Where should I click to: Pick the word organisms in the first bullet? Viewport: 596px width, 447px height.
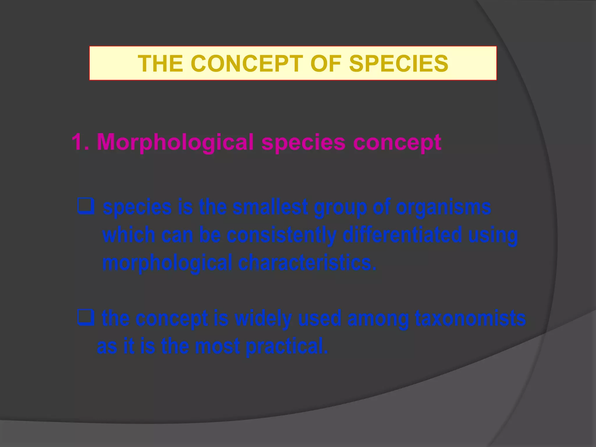pyautogui.click(x=444, y=208)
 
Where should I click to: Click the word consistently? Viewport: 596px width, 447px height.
pyautogui.click(x=281, y=235)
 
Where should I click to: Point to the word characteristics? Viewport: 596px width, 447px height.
pyautogui.click(x=307, y=262)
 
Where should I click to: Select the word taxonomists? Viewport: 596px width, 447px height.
pyautogui.click(x=470, y=318)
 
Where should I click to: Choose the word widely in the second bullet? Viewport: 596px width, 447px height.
pyautogui.click(x=263, y=318)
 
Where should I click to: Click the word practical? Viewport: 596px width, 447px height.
pyautogui.click(x=287, y=346)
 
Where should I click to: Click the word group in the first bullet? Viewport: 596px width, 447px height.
pyautogui.click(x=340, y=208)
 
